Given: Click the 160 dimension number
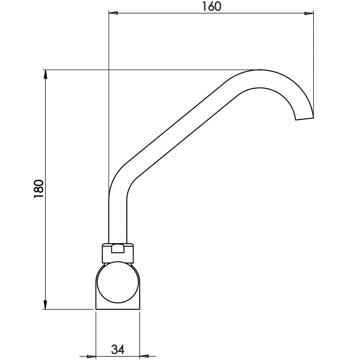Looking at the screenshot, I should tap(211, 6).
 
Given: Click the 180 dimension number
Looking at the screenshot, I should tap(39, 189).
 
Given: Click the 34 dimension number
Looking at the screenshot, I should tap(118, 349).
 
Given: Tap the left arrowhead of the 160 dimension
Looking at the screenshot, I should tap(113, 13).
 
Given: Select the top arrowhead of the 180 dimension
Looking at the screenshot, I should tap(45, 74).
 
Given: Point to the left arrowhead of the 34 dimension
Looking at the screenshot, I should tap(91, 356).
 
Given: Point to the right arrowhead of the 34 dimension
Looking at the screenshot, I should tap(144, 356).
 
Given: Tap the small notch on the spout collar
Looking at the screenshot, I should tap(118, 249).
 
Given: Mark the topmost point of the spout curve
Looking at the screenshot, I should tap(260, 70).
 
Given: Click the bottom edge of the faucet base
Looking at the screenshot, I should tap(118, 309).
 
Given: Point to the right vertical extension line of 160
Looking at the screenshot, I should tap(313, 60).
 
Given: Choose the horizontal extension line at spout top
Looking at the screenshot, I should tap(150, 70).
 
